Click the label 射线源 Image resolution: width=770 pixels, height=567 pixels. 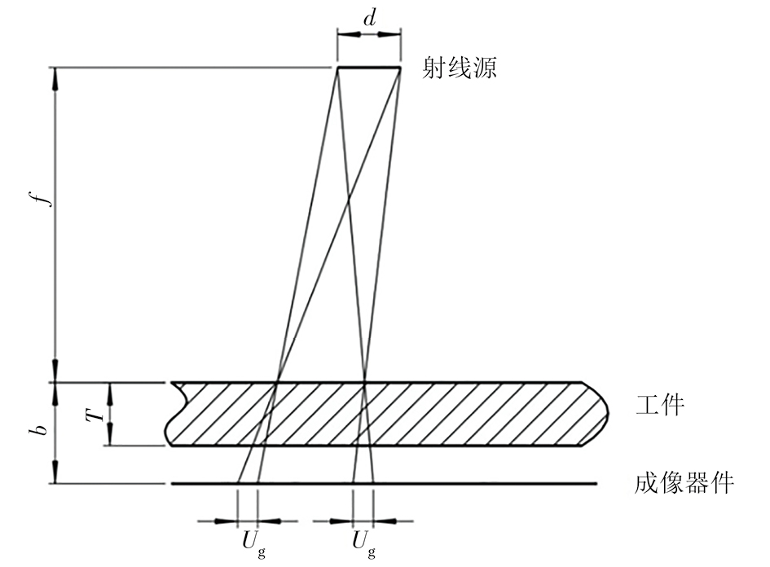(x=460, y=68)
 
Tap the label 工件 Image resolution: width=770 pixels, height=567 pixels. (x=659, y=406)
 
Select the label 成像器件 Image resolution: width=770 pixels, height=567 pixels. (x=684, y=483)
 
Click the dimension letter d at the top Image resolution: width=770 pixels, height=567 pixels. (x=369, y=19)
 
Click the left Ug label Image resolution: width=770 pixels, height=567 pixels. (x=253, y=543)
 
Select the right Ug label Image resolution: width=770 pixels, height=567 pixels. (x=364, y=543)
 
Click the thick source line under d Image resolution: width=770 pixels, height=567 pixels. (x=369, y=68)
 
